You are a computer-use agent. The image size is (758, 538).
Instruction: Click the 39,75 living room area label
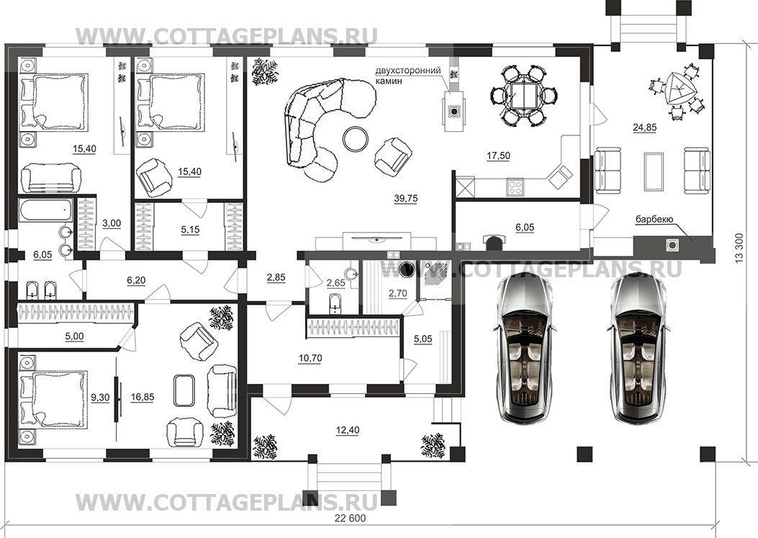(405, 198)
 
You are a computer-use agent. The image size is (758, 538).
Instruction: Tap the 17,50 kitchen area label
(498, 156)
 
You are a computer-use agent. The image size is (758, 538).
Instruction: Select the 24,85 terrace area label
(645, 127)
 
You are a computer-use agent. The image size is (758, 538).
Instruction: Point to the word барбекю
(654, 219)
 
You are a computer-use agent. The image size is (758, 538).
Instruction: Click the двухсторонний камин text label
(408, 76)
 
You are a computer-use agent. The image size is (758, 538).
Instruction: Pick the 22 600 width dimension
(350, 519)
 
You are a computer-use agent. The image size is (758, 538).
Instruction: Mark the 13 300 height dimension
(738, 248)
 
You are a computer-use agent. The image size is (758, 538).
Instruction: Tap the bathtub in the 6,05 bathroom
(46, 211)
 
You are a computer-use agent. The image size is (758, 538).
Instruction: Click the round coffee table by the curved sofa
(356, 139)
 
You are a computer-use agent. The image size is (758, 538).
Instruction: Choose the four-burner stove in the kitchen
(515, 187)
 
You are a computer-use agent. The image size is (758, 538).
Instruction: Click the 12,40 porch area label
(347, 430)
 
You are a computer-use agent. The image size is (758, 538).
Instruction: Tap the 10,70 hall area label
(310, 359)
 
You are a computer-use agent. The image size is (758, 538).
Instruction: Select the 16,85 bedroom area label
(142, 398)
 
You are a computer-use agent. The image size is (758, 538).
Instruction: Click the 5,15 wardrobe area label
(190, 230)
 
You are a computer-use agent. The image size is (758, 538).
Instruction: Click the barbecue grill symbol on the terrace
(672, 245)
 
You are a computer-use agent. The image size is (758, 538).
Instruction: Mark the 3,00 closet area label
(112, 223)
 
